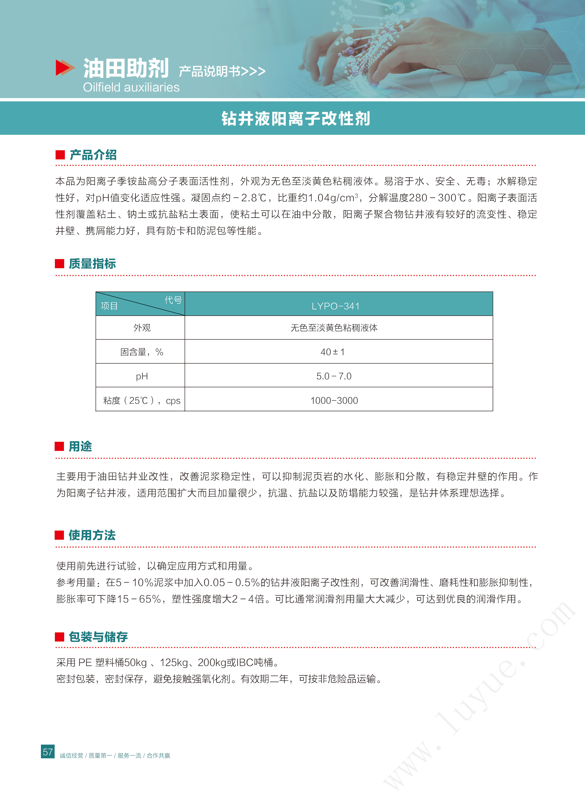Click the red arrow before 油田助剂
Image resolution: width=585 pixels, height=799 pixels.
(65, 68)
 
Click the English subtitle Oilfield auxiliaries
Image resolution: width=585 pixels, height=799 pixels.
(131, 87)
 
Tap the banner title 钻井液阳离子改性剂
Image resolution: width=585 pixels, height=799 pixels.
(296, 119)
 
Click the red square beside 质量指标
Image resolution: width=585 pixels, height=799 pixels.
(60, 263)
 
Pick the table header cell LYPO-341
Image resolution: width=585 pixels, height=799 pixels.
(335, 306)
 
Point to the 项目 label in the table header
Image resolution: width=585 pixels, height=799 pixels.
(109, 306)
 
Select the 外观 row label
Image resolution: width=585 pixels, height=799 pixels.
(142, 328)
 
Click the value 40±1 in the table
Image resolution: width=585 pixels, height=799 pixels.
(332, 352)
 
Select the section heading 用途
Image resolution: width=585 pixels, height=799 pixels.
(80, 446)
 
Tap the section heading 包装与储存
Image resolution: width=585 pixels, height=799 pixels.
(98, 637)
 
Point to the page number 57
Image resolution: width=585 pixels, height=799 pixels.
(48, 752)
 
